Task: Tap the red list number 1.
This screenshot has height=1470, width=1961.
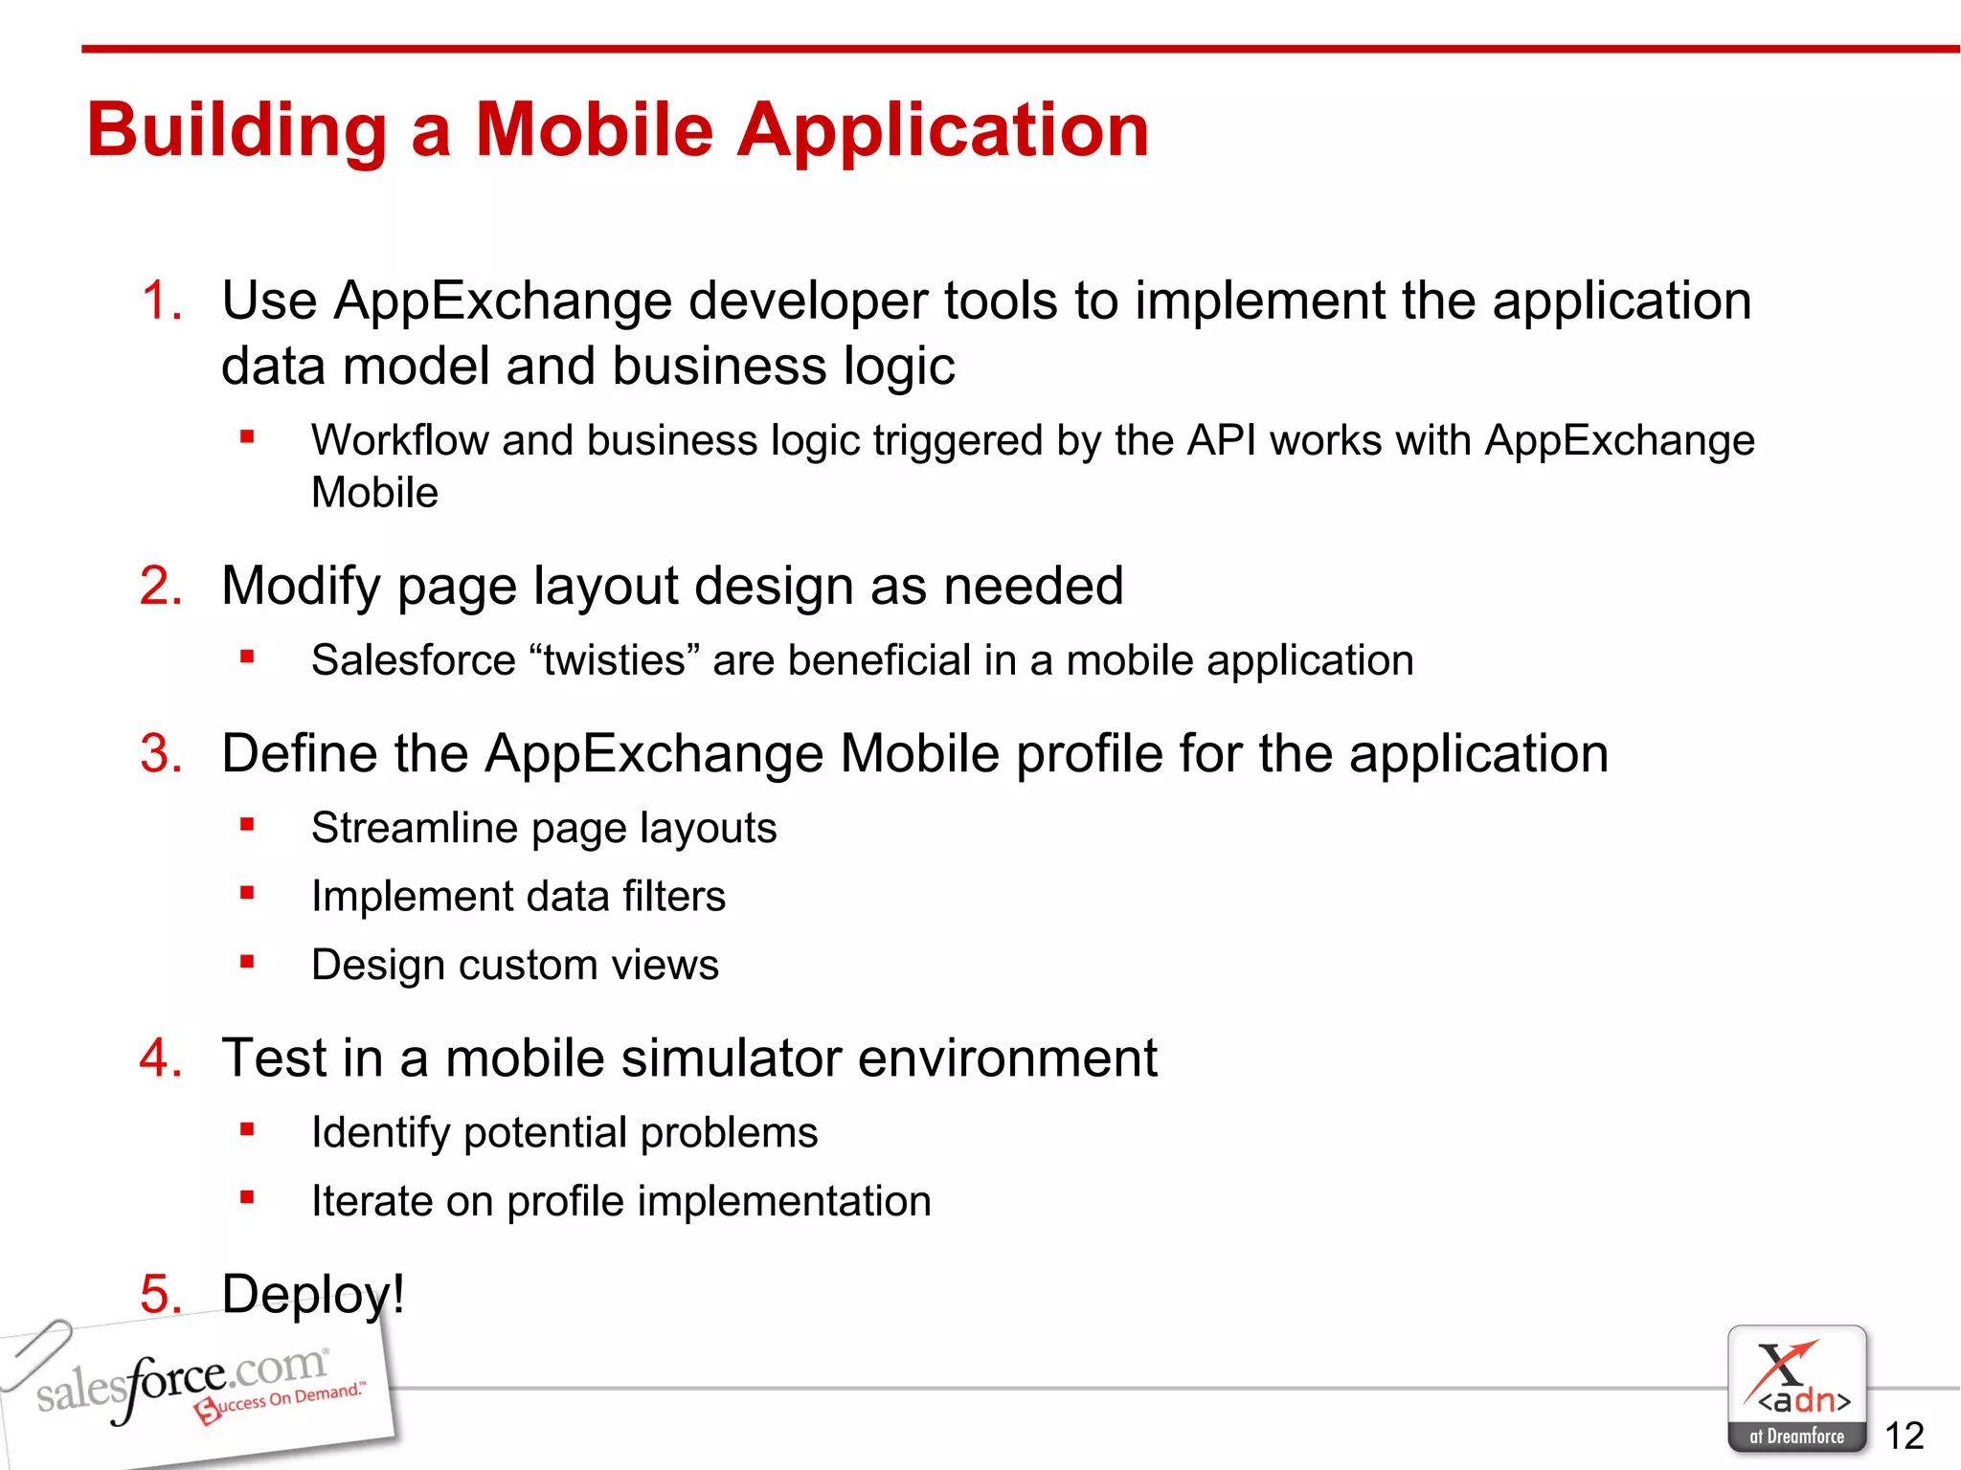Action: point(160,301)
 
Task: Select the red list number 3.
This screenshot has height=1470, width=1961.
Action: point(160,753)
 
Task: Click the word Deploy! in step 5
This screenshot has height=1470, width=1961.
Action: point(313,1294)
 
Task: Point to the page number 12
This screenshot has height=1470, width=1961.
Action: point(1904,1436)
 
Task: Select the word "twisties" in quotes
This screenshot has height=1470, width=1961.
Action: point(615,660)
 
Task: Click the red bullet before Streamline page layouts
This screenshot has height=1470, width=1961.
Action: point(247,824)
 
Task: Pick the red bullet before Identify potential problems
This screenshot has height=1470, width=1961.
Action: point(247,1129)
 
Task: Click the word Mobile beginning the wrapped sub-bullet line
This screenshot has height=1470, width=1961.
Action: point(374,493)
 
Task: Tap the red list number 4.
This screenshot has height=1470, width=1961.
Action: point(160,1058)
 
